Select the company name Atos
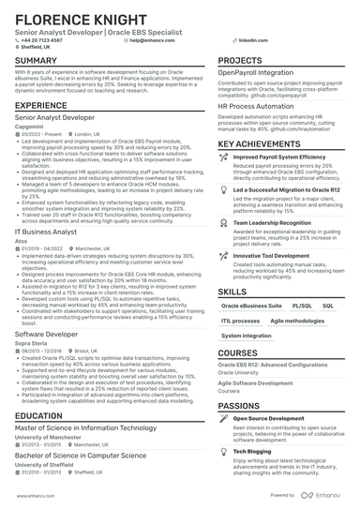(x=22, y=241)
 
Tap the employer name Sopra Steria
(x=32, y=343)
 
